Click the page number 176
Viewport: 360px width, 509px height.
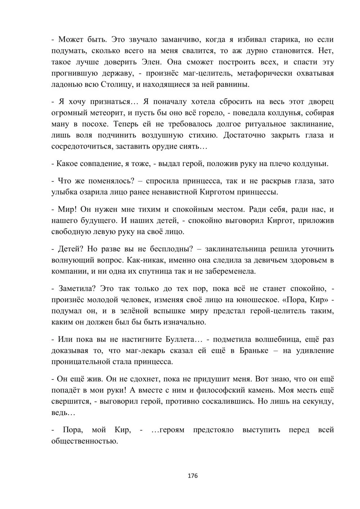(193, 476)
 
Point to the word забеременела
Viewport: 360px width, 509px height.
(234, 271)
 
